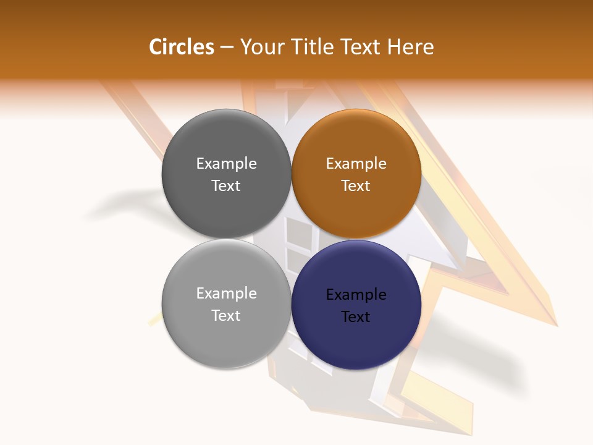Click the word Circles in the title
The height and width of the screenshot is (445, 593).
(x=182, y=47)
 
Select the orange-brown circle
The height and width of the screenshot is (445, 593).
(x=356, y=210)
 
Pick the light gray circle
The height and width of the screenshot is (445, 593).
(x=226, y=340)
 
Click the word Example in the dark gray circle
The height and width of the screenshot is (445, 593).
(x=226, y=164)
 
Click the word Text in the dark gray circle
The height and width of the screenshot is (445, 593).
(x=226, y=186)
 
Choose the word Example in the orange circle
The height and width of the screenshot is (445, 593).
(x=356, y=164)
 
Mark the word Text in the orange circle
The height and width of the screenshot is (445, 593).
(x=356, y=186)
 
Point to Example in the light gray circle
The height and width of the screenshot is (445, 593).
(x=226, y=294)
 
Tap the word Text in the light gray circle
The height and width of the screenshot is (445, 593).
(x=226, y=316)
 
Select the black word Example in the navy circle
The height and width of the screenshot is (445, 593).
(x=356, y=295)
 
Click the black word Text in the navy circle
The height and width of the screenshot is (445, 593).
(x=356, y=317)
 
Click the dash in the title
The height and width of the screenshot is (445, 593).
(x=227, y=48)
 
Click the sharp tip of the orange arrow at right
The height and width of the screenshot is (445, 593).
(x=557, y=324)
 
